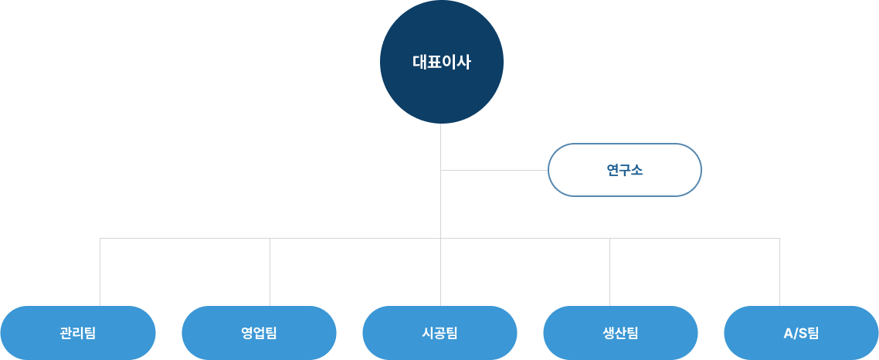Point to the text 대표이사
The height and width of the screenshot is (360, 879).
441,62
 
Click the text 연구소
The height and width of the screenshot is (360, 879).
625,170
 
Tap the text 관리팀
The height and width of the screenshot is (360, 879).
78,334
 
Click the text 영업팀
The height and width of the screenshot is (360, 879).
259,334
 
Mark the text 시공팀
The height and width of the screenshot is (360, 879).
439,334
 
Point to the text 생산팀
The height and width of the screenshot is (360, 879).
620,334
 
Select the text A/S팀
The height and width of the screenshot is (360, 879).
801,334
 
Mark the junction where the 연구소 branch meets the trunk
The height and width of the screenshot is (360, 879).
441,170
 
